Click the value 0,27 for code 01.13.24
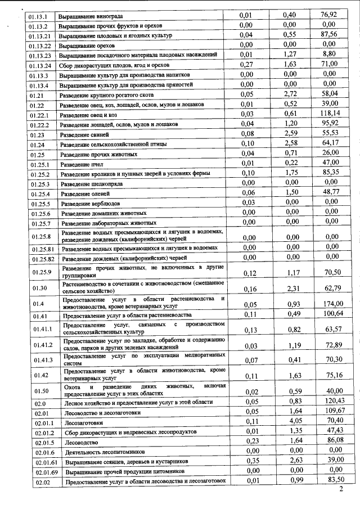tap(245, 65)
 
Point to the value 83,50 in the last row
tap(332, 479)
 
